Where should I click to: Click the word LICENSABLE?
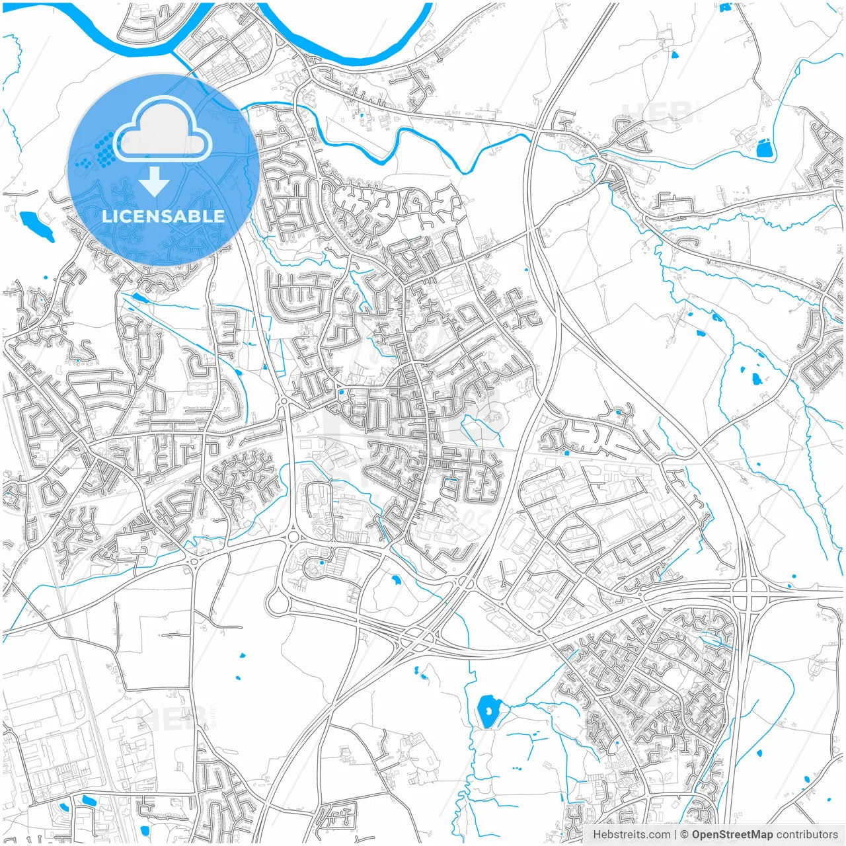pos(163,216)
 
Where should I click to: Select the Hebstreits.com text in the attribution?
pos(631,835)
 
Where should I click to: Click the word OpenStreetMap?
pos(732,835)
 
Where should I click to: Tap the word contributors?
pos(807,835)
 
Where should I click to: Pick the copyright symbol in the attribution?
pos(685,835)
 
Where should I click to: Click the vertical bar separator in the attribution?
pos(675,835)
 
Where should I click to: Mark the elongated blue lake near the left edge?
pos(37,226)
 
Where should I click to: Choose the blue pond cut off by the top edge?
pos(725,7)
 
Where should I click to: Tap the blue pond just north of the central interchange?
pos(396,581)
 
